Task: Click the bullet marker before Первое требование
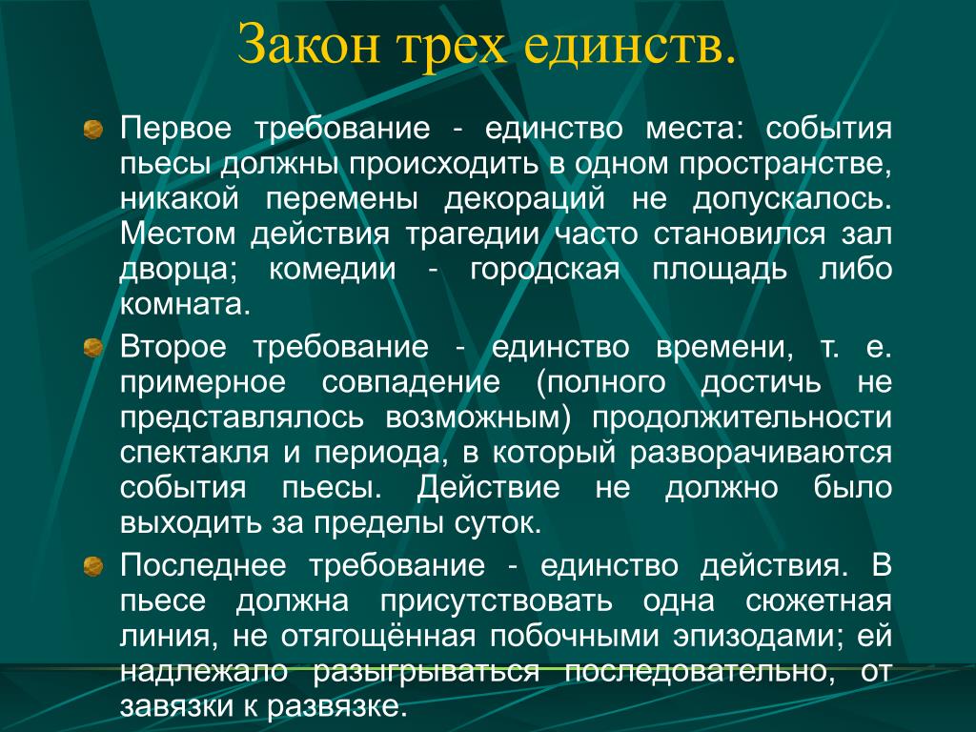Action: [93, 130]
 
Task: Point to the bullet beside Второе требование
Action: [93, 347]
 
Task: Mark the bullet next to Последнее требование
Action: [93, 566]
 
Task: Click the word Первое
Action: [175, 129]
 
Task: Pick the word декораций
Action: [525, 199]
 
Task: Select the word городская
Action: [545, 270]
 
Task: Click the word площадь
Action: [720, 270]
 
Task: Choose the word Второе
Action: [173, 347]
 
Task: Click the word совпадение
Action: [411, 382]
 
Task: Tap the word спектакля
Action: [194, 453]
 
